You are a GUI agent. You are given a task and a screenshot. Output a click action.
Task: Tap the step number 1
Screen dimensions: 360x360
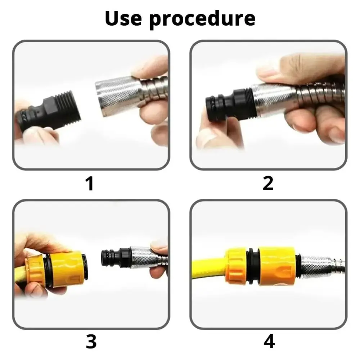(89, 183)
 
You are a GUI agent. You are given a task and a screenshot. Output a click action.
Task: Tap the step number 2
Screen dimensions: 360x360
(268, 183)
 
